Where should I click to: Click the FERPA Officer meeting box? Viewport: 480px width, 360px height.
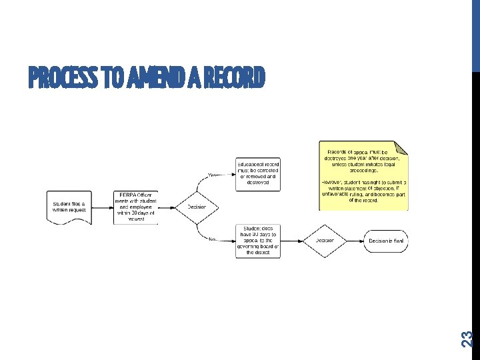135,207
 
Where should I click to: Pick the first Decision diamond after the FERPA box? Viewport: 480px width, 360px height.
197,207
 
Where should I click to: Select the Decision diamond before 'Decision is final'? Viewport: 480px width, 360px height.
325,240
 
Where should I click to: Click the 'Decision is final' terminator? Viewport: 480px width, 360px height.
386,240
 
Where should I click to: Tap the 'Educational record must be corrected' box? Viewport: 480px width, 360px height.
257,174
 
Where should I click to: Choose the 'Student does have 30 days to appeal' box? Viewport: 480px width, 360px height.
257,240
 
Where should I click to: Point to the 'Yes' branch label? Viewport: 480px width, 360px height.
213,175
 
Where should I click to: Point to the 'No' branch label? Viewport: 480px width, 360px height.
213,238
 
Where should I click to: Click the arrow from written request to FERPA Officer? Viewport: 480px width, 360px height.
101,207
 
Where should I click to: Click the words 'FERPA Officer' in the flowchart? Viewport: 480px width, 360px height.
135,194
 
